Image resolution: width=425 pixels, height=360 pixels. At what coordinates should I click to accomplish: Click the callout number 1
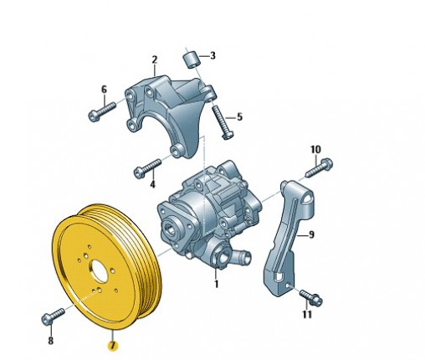(x=217, y=284)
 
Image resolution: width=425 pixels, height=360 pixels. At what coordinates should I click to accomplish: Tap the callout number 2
(x=155, y=60)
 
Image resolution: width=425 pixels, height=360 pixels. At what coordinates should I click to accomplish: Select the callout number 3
(x=212, y=55)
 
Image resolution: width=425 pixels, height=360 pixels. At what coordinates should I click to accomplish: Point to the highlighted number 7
(x=113, y=346)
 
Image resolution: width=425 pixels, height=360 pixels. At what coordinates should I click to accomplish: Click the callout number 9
(x=311, y=234)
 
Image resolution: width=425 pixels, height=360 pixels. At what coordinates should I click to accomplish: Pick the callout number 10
(x=316, y=150)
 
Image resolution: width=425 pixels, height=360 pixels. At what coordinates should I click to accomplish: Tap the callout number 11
(x=307, y=314)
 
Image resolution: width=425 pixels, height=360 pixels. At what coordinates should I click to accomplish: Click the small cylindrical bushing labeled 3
(x=192, y=59)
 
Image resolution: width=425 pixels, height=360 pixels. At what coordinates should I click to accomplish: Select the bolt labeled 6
(x=102, y=111)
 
